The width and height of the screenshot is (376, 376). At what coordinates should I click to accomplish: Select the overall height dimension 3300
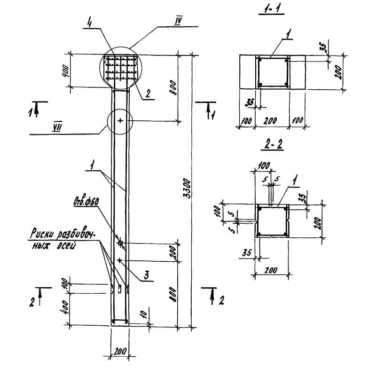click(x=187, y=188)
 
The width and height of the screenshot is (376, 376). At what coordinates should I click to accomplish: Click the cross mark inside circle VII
click(x=120, y=121)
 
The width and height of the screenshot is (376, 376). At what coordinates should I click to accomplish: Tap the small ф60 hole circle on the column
click(x=121, y=243)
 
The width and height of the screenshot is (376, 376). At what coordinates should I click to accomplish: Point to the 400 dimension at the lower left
click(x=65, y=307)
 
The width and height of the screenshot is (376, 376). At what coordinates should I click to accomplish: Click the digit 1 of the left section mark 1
click(x=31, y=111)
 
